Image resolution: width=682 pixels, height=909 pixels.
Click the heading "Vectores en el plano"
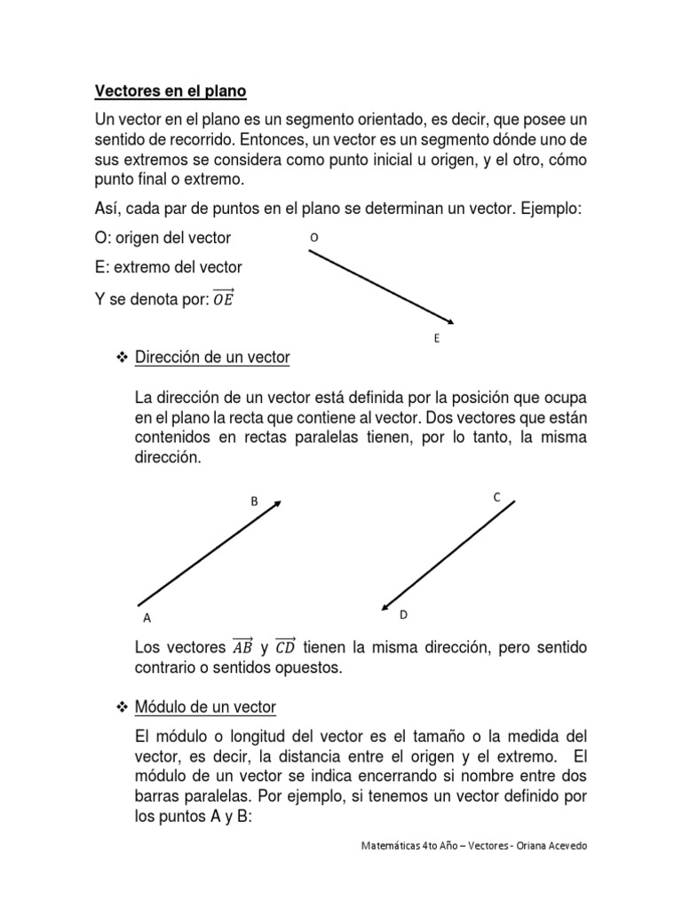point(170,91)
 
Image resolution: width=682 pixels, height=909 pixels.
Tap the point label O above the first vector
point(313,237)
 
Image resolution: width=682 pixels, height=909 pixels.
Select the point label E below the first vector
point(437,338)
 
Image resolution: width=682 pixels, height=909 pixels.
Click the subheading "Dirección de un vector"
point(212,358)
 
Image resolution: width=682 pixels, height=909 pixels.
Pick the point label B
point(254,502)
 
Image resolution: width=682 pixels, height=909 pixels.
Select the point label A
point(147,618)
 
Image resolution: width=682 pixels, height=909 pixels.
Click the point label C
point(497,498)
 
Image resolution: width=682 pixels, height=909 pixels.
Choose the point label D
point(402,614)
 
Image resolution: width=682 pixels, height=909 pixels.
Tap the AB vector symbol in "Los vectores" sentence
point(242,647)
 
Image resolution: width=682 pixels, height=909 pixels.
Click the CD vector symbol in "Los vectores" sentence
point(286,647)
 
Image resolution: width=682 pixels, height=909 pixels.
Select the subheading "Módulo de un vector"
point(205,707)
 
